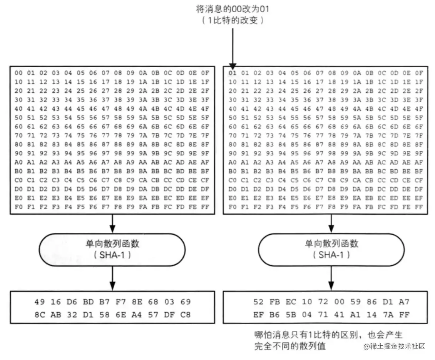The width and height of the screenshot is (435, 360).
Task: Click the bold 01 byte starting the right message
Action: [233, 73]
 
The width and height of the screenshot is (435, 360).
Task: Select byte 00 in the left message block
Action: [18, 73]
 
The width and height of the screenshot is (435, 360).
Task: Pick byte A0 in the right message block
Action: [233, 162]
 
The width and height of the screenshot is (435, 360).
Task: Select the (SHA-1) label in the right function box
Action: [331, 255]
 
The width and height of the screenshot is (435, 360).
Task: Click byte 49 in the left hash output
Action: [40, 302]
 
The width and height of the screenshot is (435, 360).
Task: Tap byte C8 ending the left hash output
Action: [185, 315]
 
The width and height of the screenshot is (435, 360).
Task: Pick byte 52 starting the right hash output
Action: [258, 302]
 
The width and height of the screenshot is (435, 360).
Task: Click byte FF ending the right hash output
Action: [404, 315]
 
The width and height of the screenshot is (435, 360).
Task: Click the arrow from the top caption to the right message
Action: [233, 46]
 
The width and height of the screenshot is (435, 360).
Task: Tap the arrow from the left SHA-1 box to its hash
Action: [112, 278]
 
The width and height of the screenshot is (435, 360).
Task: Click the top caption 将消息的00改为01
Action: [233, 9]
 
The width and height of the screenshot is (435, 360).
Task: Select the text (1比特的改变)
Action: [233, 20]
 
